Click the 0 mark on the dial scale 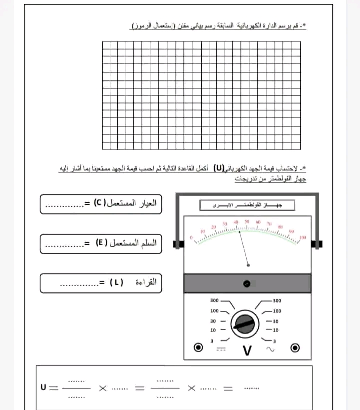point(191,234)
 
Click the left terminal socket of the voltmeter point(199,347)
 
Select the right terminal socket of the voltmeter point(295,347)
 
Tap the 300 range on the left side point(214,301)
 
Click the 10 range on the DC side point(213,330)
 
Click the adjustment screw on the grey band point(246,284)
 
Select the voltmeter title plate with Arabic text point(247,206)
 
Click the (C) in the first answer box point(98,204)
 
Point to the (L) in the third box point(113,282)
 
